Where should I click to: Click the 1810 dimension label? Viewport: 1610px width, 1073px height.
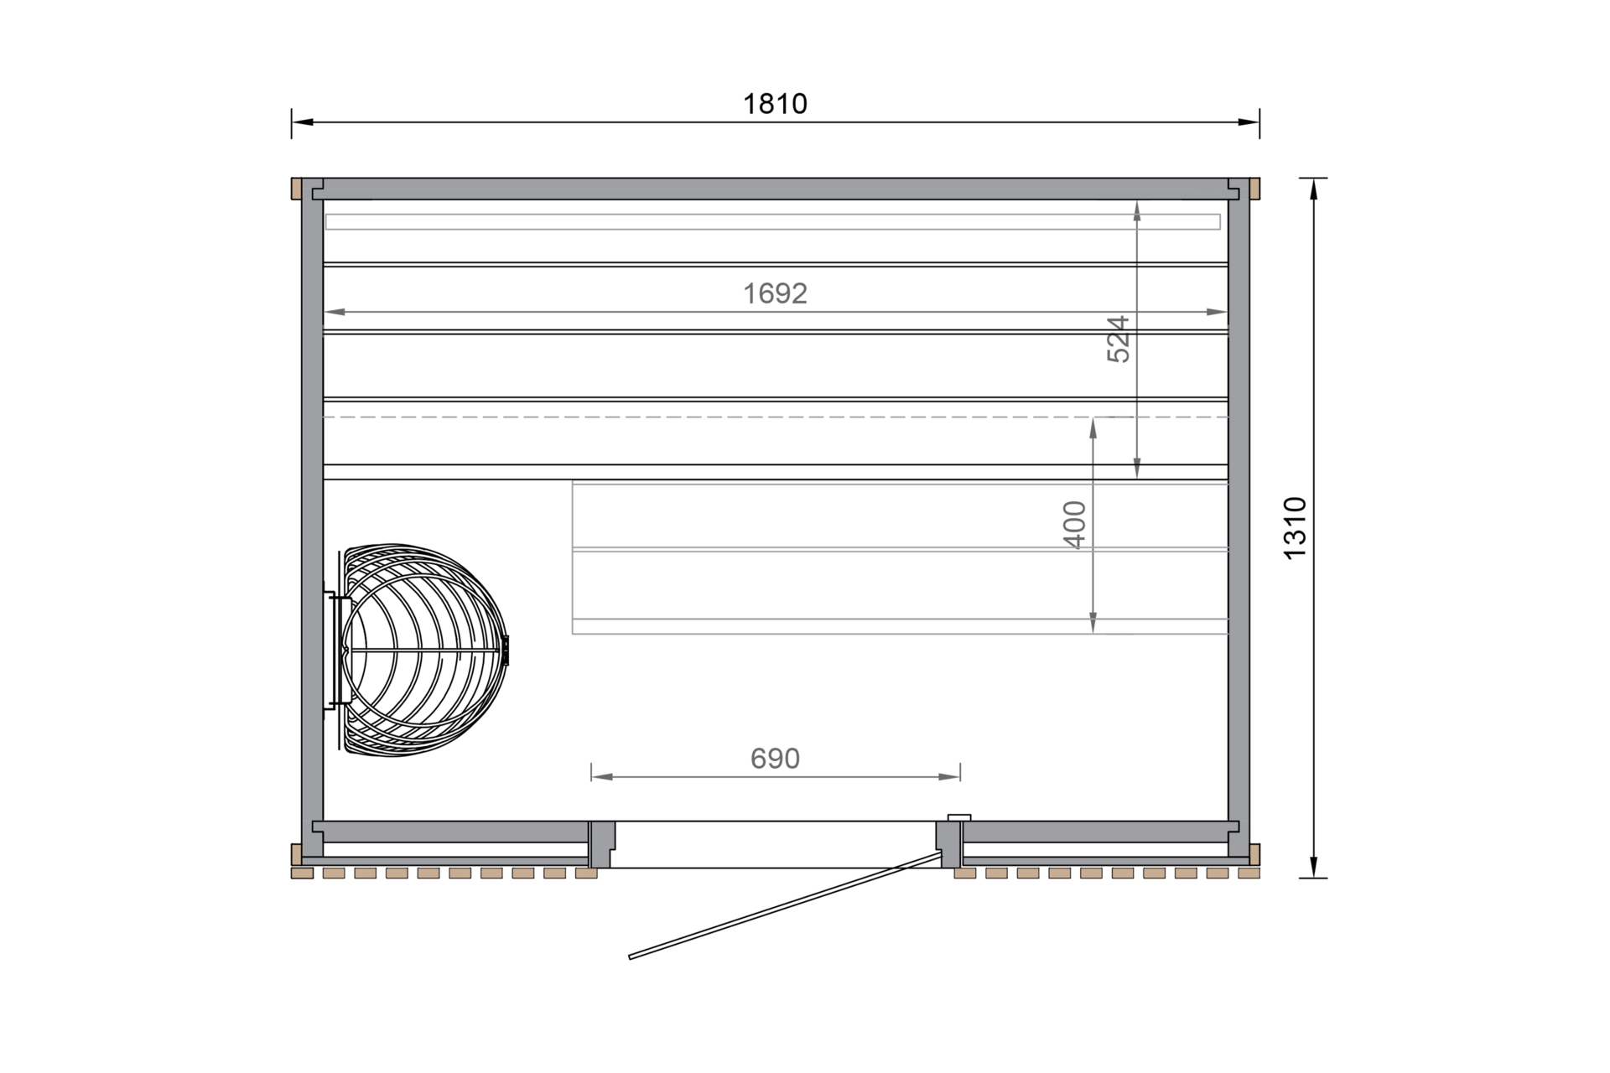(x=775, y=104)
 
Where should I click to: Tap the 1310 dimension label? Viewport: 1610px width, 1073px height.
(x=1296, y=528)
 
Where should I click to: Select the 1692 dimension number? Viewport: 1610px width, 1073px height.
(x=775, y=293)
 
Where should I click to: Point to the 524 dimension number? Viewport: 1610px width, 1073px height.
(x=1119, y=339)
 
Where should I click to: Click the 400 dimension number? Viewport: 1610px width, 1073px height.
(x=1074, y=525)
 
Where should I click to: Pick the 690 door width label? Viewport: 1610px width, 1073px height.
(x=775, y=759)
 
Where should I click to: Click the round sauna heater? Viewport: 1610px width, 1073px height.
(x=424, y=651)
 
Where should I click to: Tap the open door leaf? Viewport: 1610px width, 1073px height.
(x=786, y=905)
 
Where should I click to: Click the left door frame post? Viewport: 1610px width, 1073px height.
(x=601, y=844)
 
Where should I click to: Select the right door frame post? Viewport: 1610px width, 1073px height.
(x=949, y=844)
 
